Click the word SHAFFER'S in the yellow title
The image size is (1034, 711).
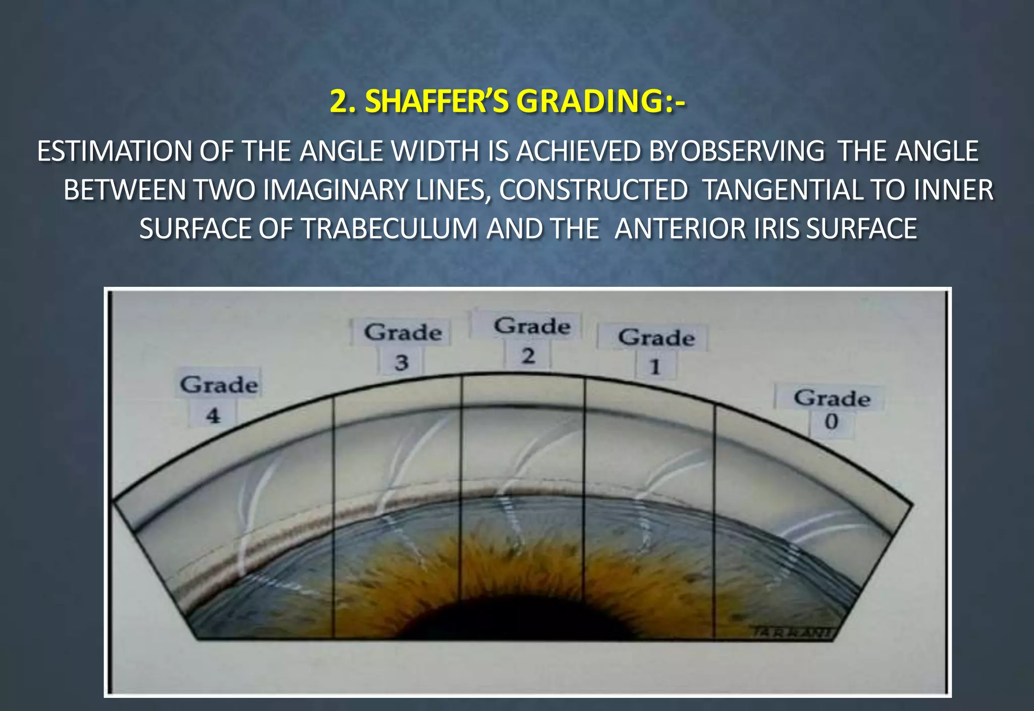click(x=438, y=102)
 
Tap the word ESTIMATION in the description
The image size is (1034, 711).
click(x=114, y=151)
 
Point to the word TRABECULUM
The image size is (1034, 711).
click(x=389, y=229)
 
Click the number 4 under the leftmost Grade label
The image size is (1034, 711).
click(x=213, y=416)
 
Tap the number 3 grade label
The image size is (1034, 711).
click(x=401, y=363)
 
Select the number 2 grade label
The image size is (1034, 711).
click(x=528, y=356)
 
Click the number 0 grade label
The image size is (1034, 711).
click(x=831, y=421)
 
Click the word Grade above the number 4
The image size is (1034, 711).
click(x=219, y=385)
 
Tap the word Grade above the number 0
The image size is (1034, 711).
click(x=832, y=398)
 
